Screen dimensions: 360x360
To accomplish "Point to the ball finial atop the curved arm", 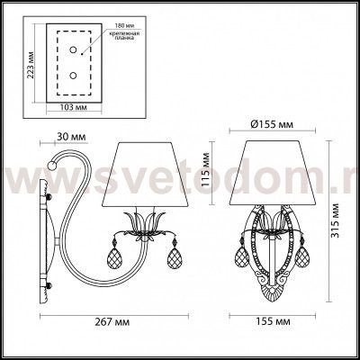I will coord(55,166).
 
